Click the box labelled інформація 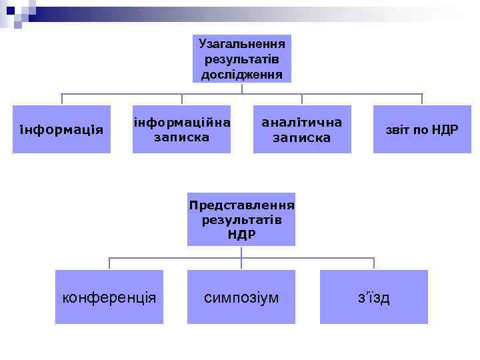pyautogui.click(x=61, y=129)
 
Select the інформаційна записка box pyautogui.click(x=181, y=129)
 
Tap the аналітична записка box pyautogui.click(x=302, y=129)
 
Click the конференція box pyautogui.click(x=109, y=297)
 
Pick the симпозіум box pyautogui.click(x=241, y=297)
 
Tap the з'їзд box pyautogui.click(x=373, y=297)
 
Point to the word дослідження pyautogui.click(x=241, y=73)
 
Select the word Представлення pyautogui.click(x=241, y=205)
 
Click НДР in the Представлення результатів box pyautogui.click(x=241, y=235)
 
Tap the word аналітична pyautogui.click(x=302, y=123)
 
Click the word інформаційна pyautogui.click(x=181, y=123)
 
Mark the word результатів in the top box pyautogui.click(x=241, y=59)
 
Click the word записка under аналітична pyautogui.click(x=302, y=138)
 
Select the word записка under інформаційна pyautogui.click(x=181, y=138)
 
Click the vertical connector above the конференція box pyautogui.click(x=109, y=263)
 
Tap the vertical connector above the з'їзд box pyautogui.click(x=373, y=263)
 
